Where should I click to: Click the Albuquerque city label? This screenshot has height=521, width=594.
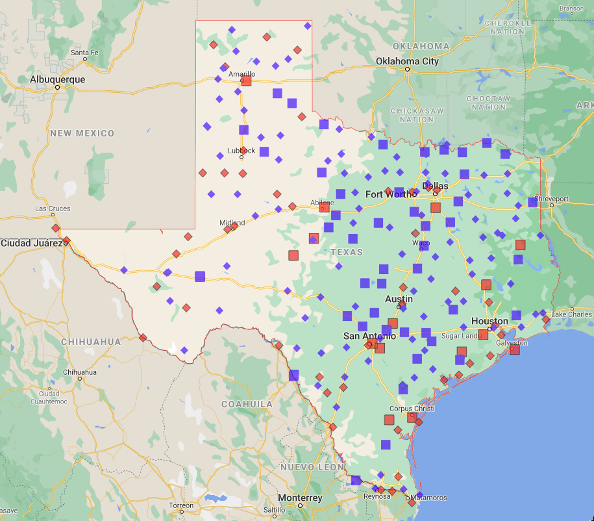pyautogui.click(x=57, y=79)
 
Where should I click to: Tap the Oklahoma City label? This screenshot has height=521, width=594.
pyautogui.click(x=407, y=62)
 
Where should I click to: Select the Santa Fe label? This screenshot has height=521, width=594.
pyautogui.click(x=84, y=52)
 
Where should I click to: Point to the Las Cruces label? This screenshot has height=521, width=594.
pyautogui.click(x=53, y=209)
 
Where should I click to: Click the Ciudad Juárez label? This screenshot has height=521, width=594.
pyautogui.click(x=32, y=243)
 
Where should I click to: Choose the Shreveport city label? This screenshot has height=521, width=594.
pyautogui.click(x=551, y=198)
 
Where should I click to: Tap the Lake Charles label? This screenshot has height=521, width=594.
pyautogui.click(x=571, y=314)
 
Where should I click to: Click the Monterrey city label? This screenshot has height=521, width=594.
pyautogui.click(x=300, y=498)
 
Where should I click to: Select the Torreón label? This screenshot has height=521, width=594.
pyautogui.click(x=181, y=505)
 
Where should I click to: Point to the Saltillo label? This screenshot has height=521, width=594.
pyautogui.click(x=276, y=510)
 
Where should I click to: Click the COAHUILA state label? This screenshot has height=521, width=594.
pyautogui.click(x=247, y=404)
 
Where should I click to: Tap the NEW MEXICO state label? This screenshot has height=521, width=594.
pyautogui.click(x=82, y=133)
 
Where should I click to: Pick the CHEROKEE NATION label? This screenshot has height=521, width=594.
pyautogui.click(x=508, y=27)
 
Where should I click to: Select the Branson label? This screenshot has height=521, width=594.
pyautogui.click(x=571, y=8)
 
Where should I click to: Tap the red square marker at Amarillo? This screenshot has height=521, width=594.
pyautogui.click(x=247, y=81)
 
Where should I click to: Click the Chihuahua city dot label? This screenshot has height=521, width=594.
pyautogui.click(x=80, y=372)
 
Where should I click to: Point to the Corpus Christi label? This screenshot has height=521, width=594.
pyautogui.click(x=412, y=409)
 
